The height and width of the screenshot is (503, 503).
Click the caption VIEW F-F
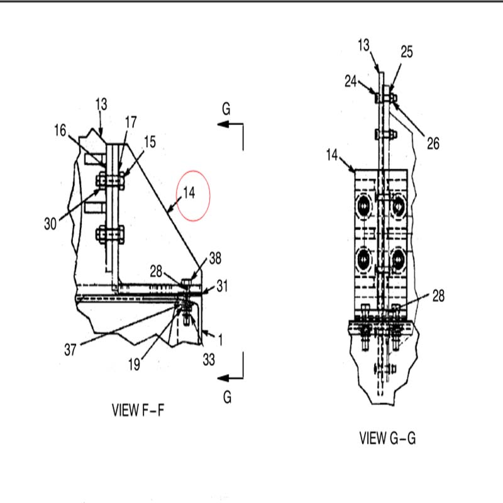coord(138,410)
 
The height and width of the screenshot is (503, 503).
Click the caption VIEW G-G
coord(387,438)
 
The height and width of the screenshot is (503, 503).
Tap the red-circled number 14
coord(189,193)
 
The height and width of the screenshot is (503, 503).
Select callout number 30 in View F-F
coord(50,224)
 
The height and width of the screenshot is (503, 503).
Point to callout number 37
coord(70,350)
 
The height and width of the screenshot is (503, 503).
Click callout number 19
coord(134,365)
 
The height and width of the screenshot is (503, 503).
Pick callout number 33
coord(209,360)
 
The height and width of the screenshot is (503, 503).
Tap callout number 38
coord(215,258)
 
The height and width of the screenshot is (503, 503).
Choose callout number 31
coord(223,286)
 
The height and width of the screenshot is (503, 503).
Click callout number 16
coord(60,131)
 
